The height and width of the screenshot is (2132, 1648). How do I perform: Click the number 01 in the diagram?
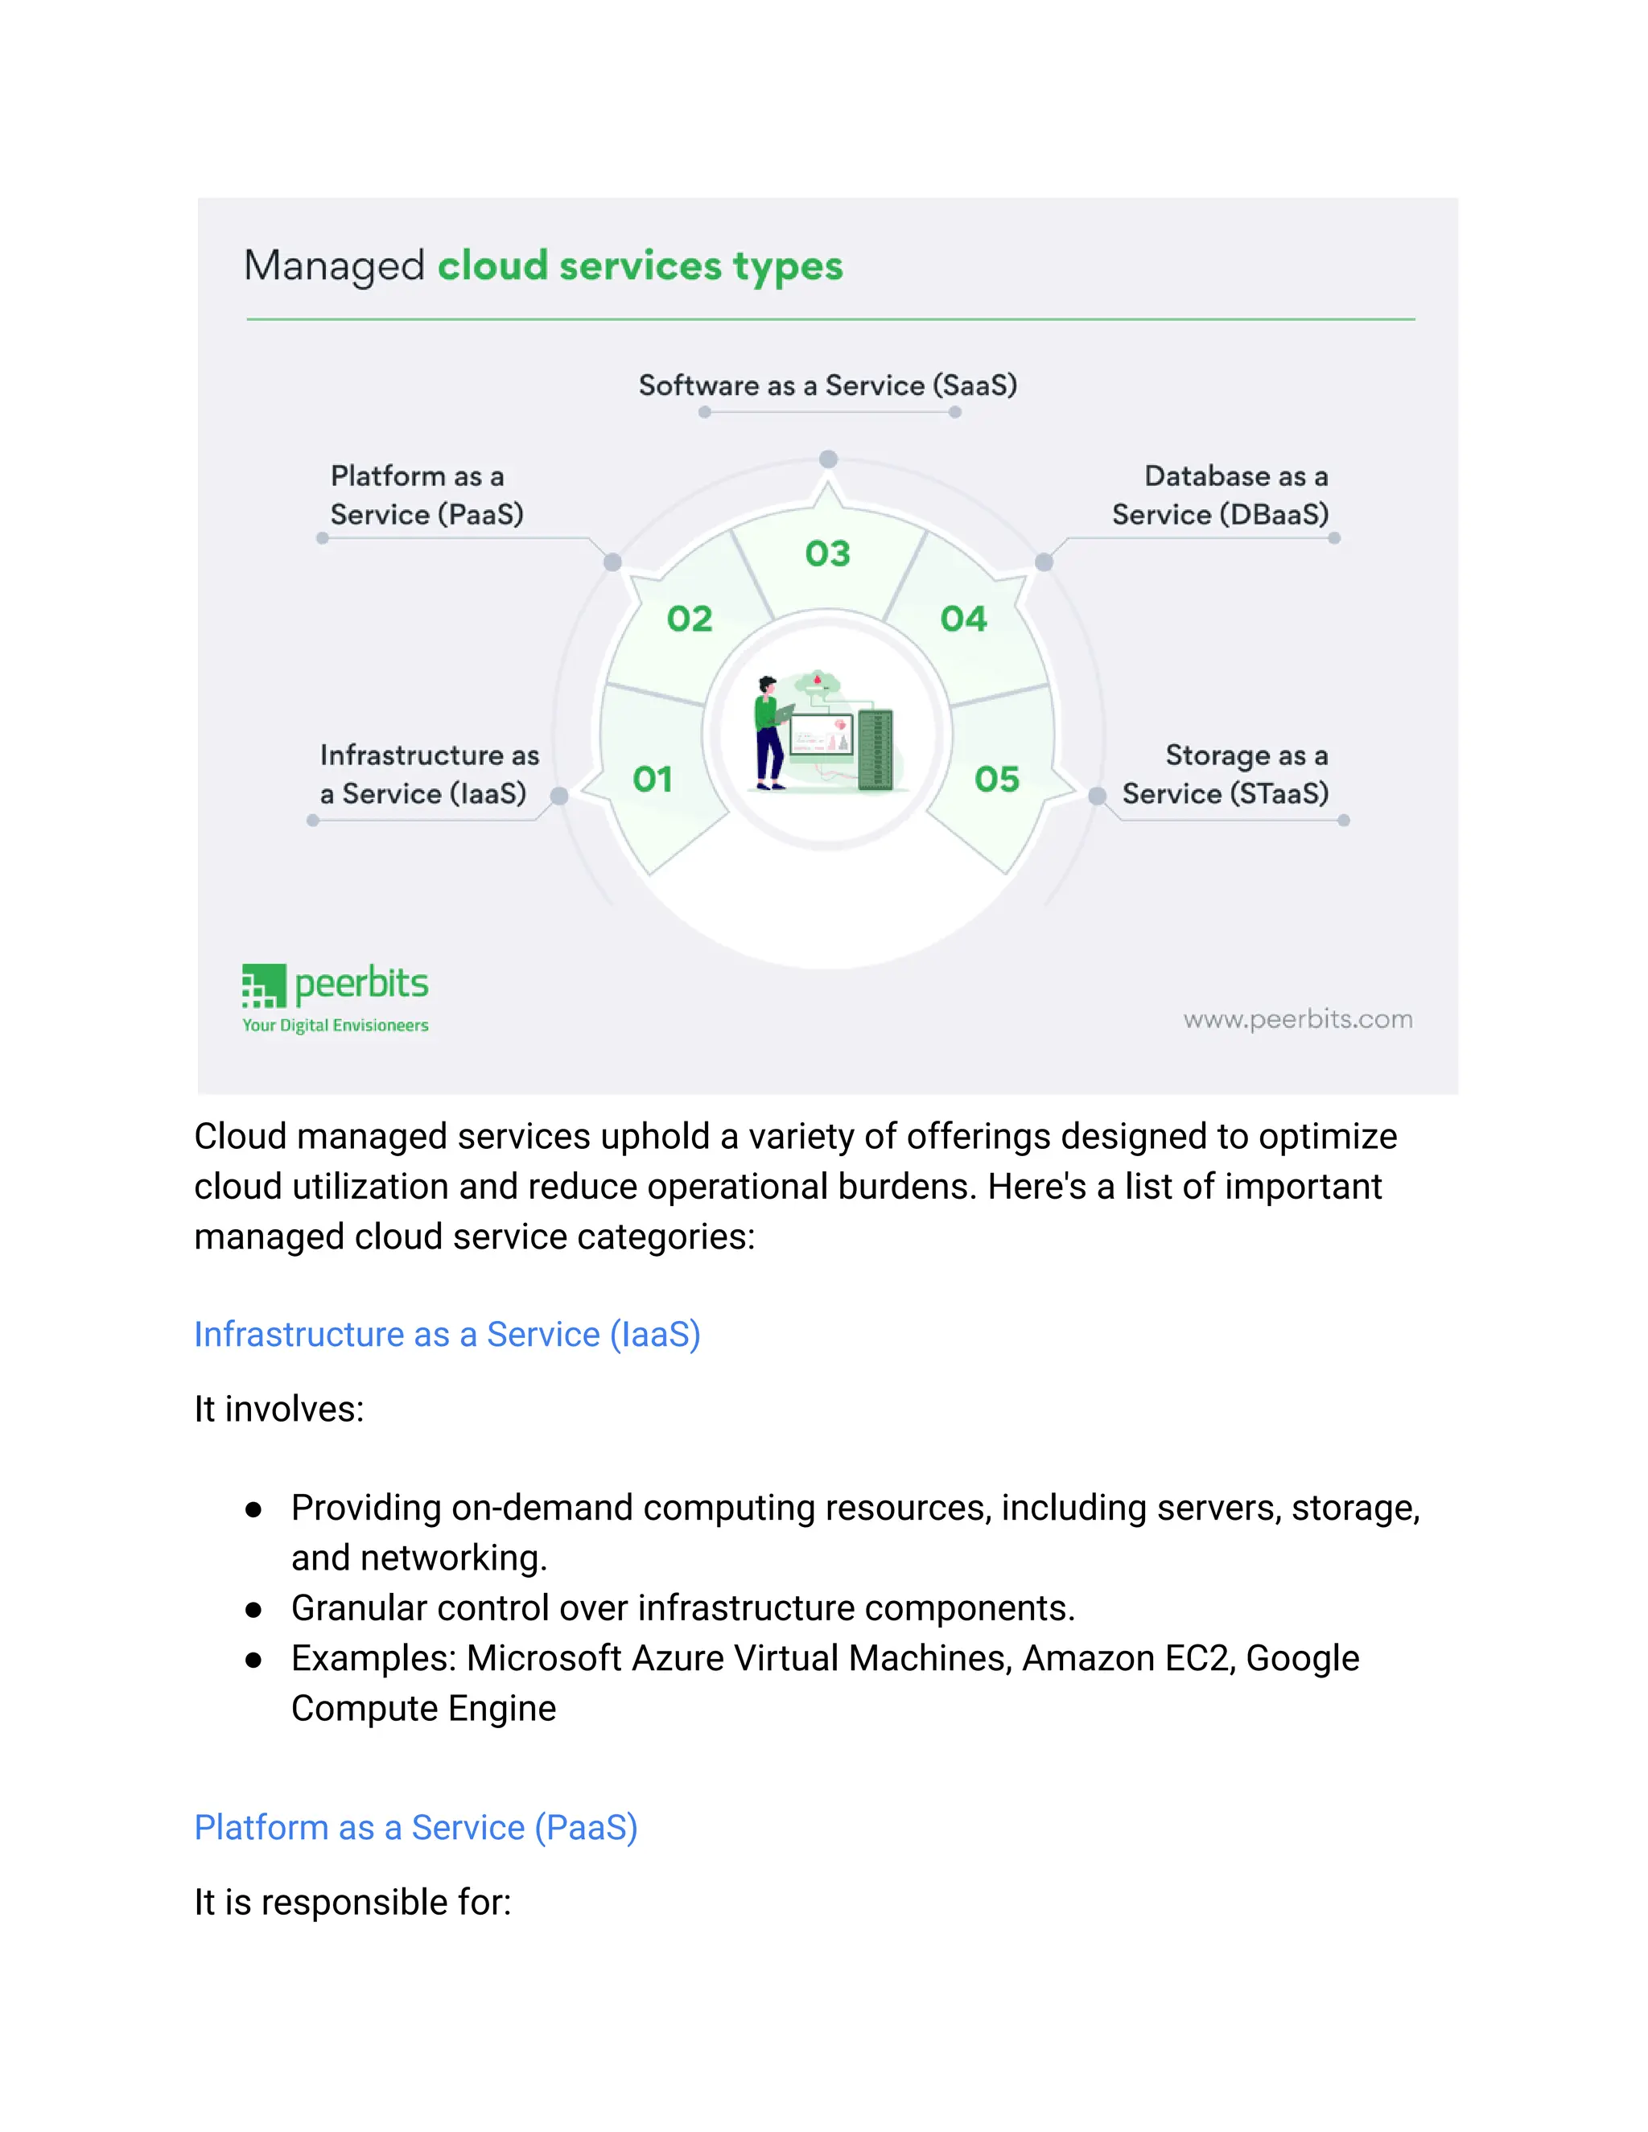click(652, 779)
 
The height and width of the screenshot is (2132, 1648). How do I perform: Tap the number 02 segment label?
click(690, 619)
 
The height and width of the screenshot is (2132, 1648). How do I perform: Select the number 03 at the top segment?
click(827, 554)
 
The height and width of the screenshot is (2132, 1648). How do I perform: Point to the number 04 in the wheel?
click(963, 619)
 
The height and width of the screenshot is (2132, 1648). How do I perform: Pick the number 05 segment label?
click(996, 779)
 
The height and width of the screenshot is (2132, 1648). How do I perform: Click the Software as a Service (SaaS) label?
click(827, 385)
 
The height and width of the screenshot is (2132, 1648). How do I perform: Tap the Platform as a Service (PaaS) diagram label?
click(426, 495)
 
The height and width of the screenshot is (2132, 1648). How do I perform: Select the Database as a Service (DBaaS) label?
click(1221, 495)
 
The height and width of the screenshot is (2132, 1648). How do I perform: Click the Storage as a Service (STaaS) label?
click(1226, 774)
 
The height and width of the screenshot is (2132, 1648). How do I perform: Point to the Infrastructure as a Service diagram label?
click(429, 774)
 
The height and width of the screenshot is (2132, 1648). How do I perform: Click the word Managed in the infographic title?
click(334, 265)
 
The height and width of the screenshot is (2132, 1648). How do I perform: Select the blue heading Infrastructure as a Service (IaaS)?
click(447, 1335)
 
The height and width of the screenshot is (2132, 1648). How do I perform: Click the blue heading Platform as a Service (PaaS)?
click(416, 1827)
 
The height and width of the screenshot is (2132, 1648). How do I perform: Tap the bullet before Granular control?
click(253, 1610)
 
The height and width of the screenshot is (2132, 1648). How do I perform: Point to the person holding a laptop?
click(770, 732)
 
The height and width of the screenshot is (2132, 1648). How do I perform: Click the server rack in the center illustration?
click(875, 750)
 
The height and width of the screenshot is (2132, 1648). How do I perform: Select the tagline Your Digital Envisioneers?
click(335, 1025)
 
